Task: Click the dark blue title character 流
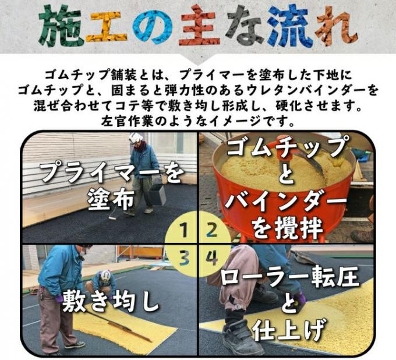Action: pyautogui.click(x=290, y=26)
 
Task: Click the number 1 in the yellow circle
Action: pyautogui.click(x=185, y=230)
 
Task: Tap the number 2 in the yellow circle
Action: pyautogui.click(x=211, y=230)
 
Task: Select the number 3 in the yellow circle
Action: pyautogui.click(x=185, y=257)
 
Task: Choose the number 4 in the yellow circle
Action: pyautogui.click(x=211, y=257)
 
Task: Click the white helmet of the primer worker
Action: pyautogui.click(x=136, y=138)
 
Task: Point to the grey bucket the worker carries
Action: pyautogui.click(x=157, y=194)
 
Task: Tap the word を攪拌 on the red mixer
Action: pyautogui.click(x=288, y=229)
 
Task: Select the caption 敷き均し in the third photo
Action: pyautogui.click(x=111, y=301)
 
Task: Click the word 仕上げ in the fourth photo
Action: pyautogui.click(x=288, y=330)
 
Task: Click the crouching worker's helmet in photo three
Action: pyautogui.click(x=105, y=276)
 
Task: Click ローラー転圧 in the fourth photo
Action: pyautogui.click(x=289, y=278)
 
